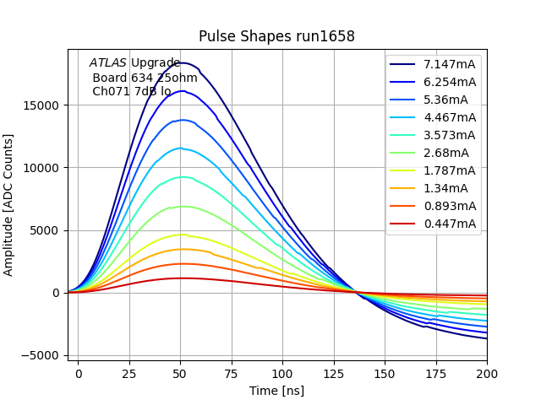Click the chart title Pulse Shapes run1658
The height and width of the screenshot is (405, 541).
pos(276,36)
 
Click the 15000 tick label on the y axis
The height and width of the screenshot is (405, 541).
pos(41,105)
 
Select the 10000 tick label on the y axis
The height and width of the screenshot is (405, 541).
pos(41,168)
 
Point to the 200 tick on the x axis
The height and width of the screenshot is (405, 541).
pos(487,372)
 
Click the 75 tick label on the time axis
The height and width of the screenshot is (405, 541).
pos(232,372)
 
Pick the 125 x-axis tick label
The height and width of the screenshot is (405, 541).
pos(334,372)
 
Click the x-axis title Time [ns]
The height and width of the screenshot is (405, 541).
pos(276,391)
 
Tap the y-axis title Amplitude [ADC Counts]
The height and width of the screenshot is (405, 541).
pos(9,205)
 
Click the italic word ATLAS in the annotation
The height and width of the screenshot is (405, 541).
pos(107,63)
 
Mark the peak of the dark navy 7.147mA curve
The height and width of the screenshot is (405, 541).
pos(181,62)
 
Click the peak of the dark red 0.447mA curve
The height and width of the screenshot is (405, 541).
pos(181,278)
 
